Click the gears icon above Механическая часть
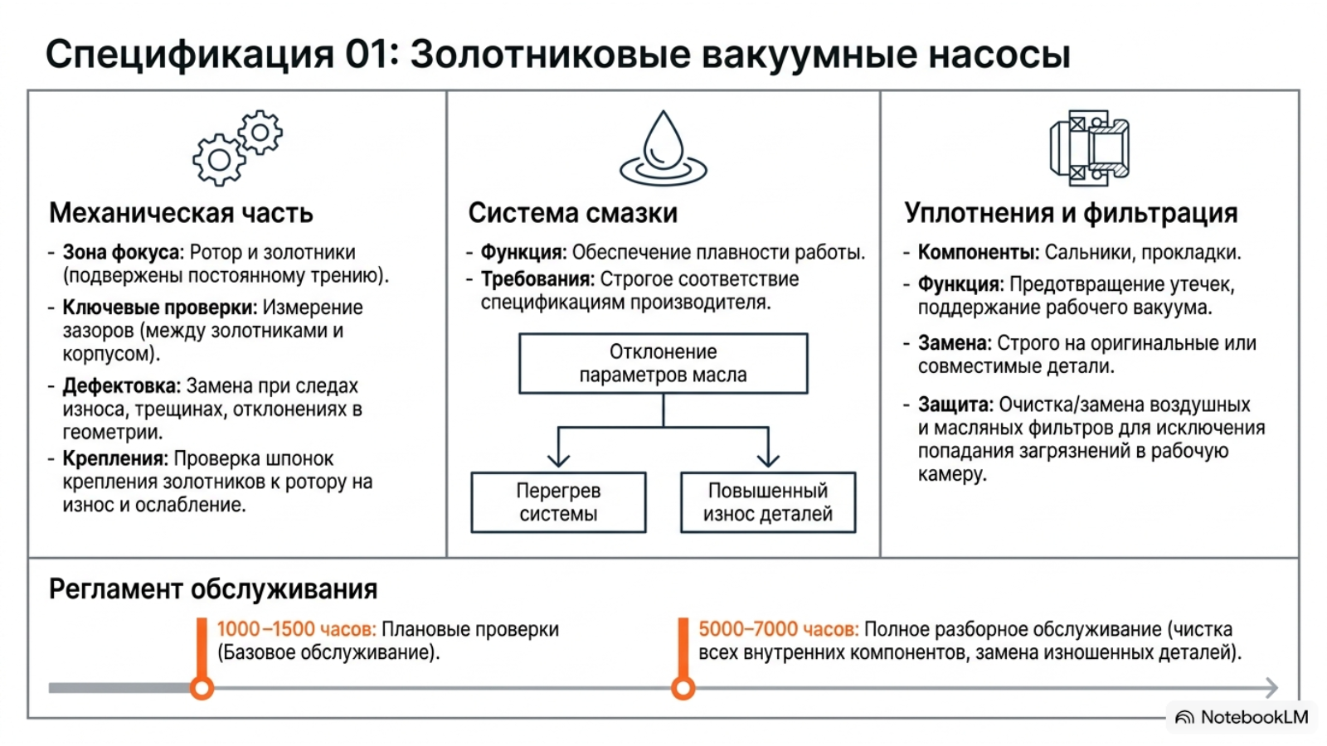point(237,148)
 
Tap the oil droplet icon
point(663,148)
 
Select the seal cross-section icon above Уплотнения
point(1089,148)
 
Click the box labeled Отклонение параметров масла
point(663,364)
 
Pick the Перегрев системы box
point(558,502)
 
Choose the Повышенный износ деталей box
point(768,502)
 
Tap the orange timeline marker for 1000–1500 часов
point(202,688)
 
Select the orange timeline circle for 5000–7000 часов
point(683,688)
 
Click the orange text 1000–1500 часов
point(296,629)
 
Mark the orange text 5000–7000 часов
point(779,629)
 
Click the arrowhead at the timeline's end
point(1272,687)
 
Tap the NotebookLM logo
point(1242,717)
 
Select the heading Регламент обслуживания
point(213,589)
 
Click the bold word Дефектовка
point(121,386)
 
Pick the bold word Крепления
point(115,459)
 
